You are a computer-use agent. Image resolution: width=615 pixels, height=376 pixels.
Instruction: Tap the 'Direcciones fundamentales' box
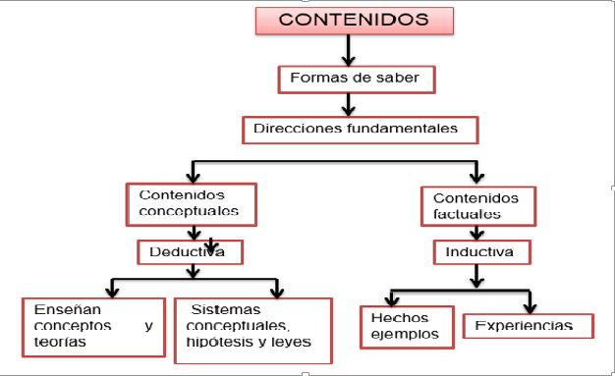click(362, 130)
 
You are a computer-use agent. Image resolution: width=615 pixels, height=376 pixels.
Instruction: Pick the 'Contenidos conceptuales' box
click(191, 203)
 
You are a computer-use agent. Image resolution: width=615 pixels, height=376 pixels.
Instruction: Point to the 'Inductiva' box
click(481, 252)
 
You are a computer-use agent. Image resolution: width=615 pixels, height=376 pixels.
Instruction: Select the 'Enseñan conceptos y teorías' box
click(92, 325)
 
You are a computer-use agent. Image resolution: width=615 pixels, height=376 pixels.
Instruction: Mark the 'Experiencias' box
click(529, 325)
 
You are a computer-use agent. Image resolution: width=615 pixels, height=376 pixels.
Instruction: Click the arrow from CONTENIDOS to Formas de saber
click(347, 49)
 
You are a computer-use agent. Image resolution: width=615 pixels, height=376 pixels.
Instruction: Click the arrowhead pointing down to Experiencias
click(531, 305)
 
